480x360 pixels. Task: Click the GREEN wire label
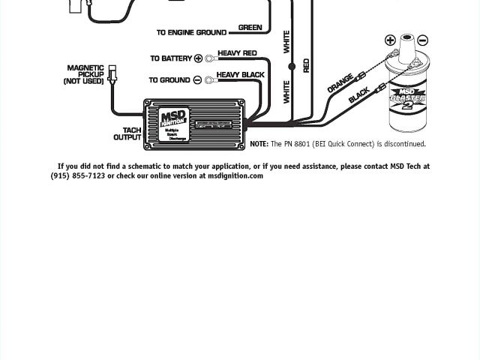click(x=250, y=28)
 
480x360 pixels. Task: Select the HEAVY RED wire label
click(x=237, y=54)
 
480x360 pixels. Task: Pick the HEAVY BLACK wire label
click(x=240, y=75)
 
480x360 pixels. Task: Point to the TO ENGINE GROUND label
click(x=191, y=33)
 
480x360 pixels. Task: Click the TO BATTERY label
click(x=171, y=58)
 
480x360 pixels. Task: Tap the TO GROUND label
click(x=169, y=80)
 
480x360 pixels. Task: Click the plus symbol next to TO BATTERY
click(x=199, y=58)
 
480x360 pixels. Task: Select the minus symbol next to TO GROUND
click(x=197, y=80)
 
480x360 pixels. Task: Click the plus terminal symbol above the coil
click(x=390, y=40)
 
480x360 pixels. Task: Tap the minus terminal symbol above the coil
click(x=423, y=40)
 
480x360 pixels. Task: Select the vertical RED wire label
click(x=306, y=65)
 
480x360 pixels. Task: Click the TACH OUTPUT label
click(x=127, y=133)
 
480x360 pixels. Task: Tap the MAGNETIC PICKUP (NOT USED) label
click(x=85, y=74)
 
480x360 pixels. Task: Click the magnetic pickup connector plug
click(x=112, y=73)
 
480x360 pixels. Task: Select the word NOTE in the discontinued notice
click(x=258, y=144)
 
